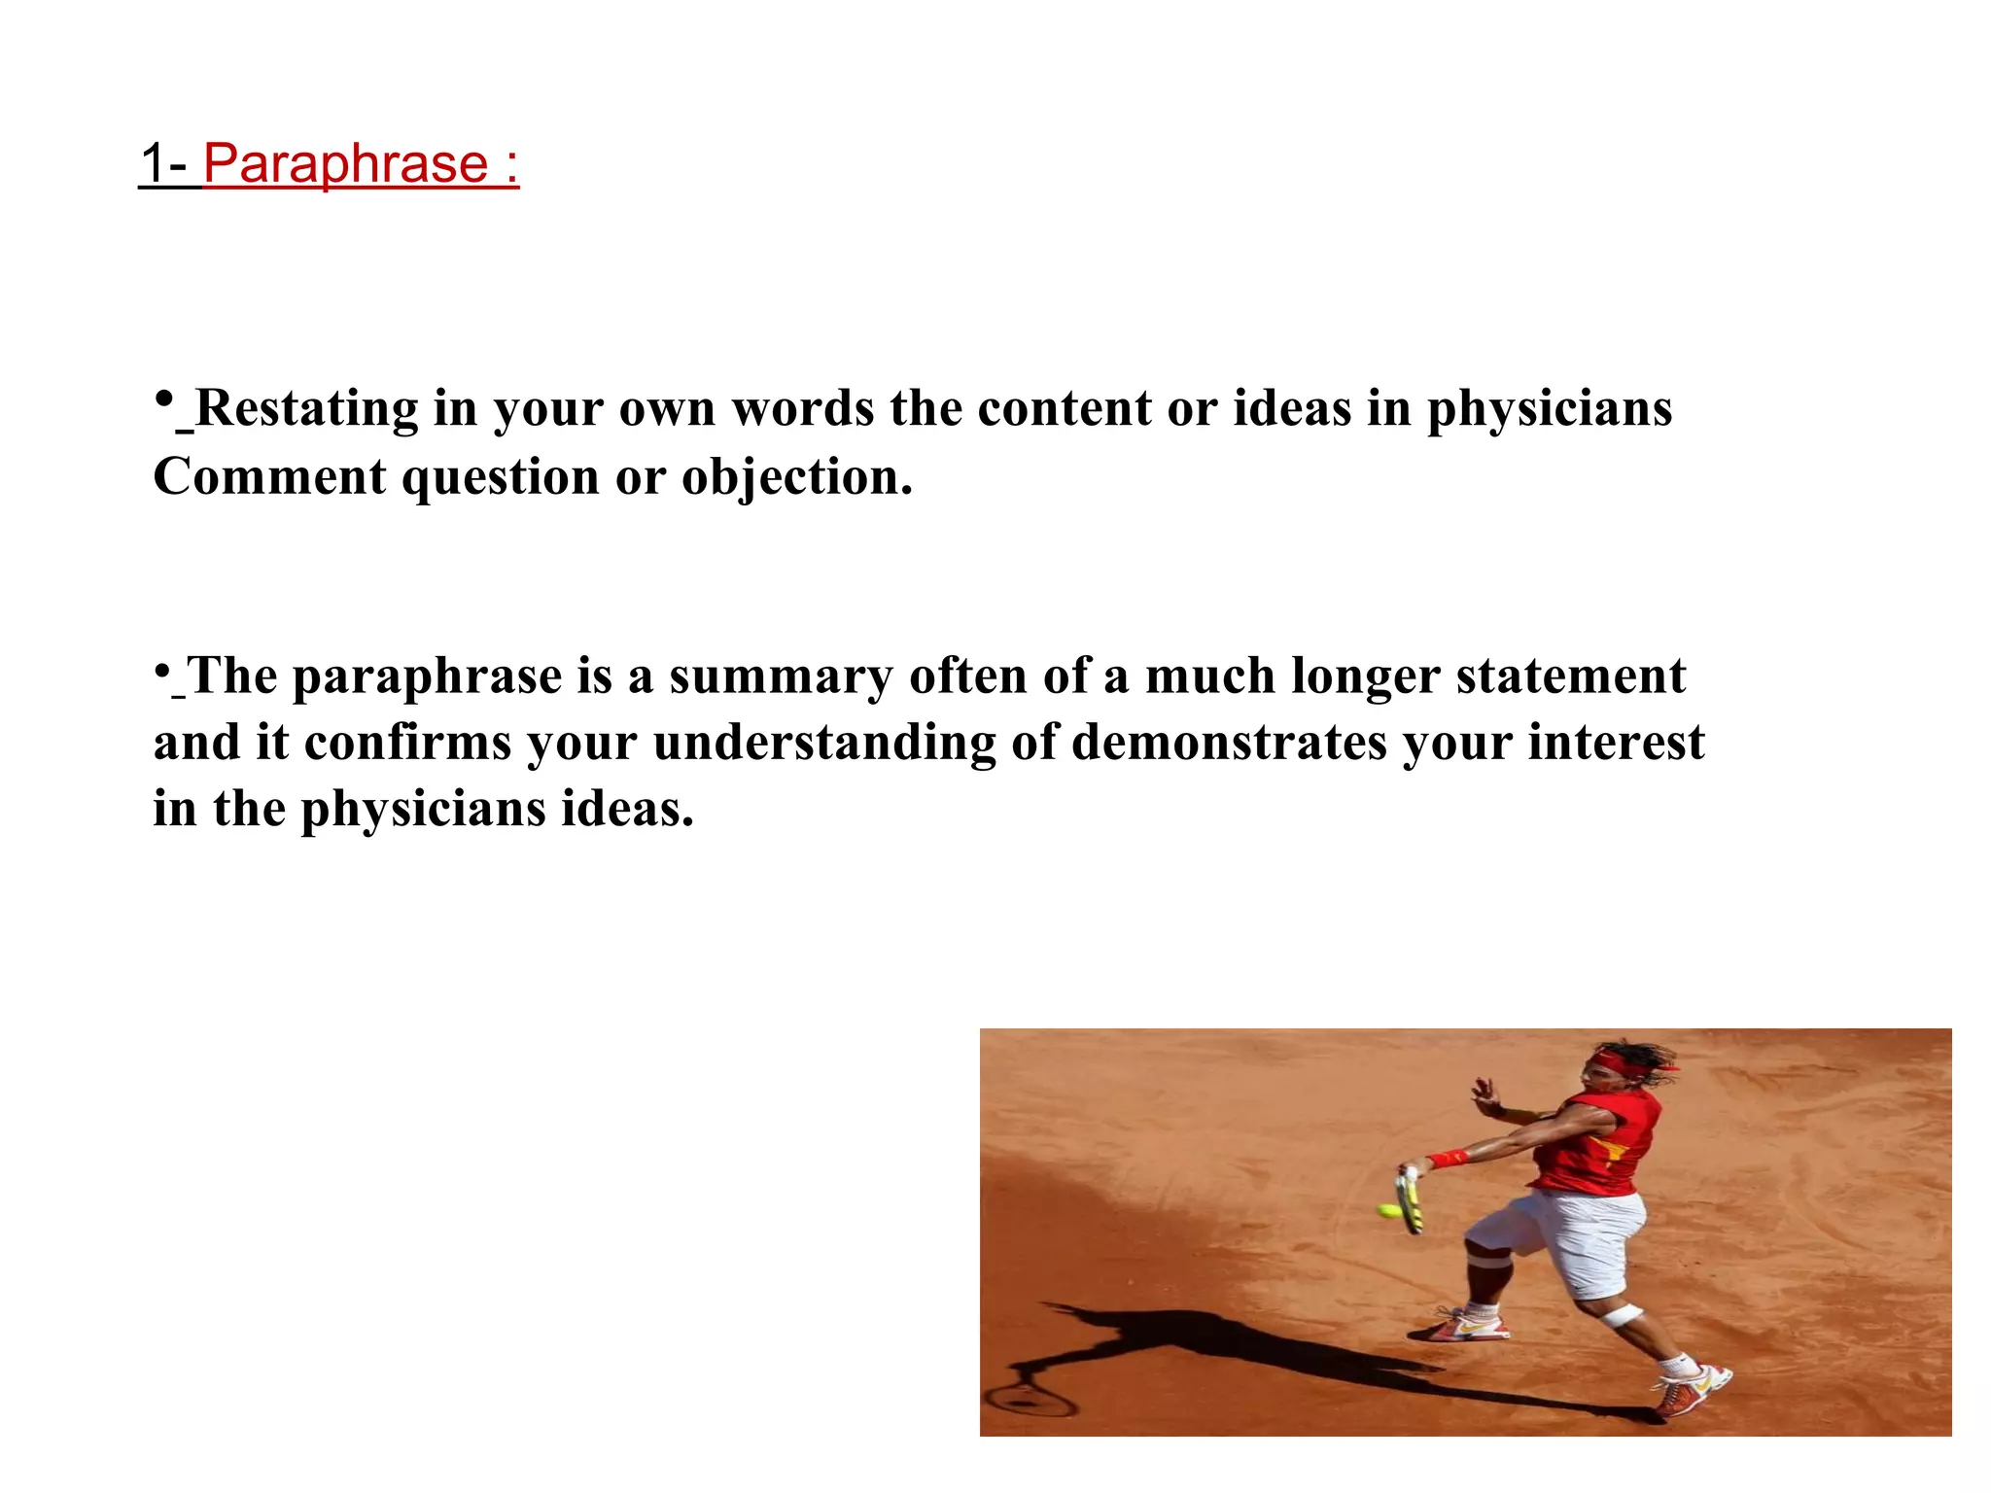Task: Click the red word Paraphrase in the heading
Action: (345, 163)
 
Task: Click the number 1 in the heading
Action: (153, 163)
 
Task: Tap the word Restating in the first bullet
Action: (305, 408)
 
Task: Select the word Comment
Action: (269, 477)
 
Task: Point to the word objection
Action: (796, 477)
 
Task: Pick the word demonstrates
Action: (1229, 743)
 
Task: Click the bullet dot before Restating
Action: (164, 399)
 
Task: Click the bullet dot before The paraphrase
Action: (162, 670)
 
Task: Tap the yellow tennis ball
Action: (1389, 1210)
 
